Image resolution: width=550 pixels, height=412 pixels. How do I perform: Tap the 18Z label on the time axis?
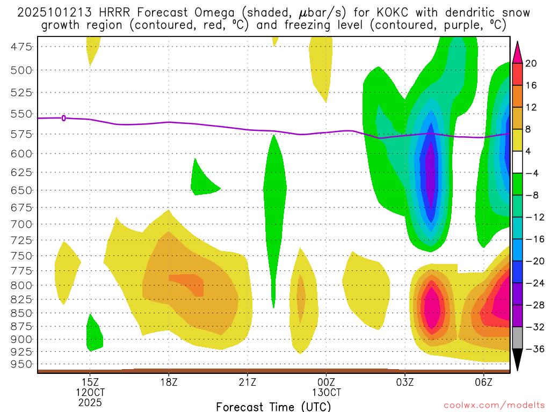point(169,382)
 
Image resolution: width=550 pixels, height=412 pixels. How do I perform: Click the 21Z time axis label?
point(247,382)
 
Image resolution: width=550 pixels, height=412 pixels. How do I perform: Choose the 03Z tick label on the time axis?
point(404,382)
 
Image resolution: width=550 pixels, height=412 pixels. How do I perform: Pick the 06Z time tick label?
point(483,382)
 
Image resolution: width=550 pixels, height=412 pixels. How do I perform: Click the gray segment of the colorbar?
point(518,338)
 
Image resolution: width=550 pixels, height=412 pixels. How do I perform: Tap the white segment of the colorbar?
point(518,162)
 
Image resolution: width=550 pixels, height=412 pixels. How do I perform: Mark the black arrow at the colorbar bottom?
point(518,359)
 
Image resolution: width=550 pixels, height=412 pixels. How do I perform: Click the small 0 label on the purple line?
point(64,118)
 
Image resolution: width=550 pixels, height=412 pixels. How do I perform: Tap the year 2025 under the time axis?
point(90,402)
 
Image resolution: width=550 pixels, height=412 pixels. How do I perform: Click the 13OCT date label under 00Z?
point(326,392)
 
